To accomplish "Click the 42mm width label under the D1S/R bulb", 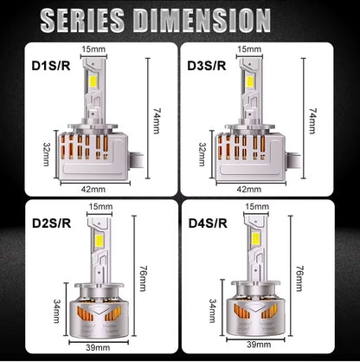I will [93, 188].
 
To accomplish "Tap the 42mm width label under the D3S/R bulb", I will [247, 188].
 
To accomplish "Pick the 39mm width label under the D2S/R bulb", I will [100, 346].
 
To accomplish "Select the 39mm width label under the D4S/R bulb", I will [256, 346].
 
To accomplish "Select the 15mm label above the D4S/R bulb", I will [256, 206].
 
